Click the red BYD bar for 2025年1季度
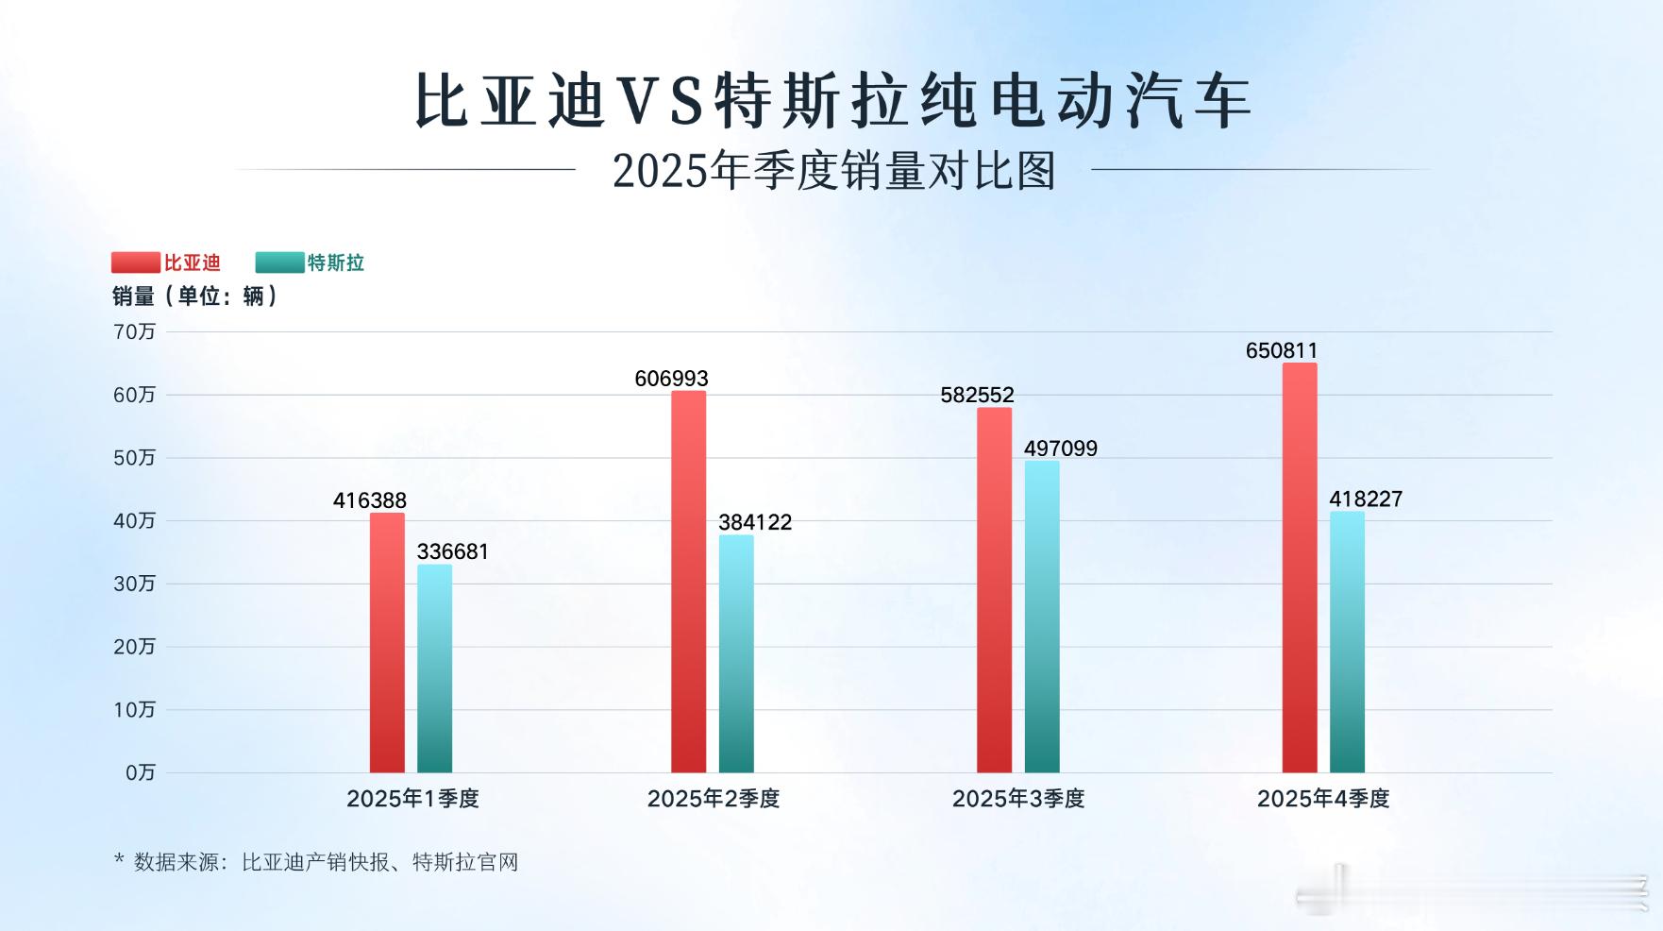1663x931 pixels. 387,642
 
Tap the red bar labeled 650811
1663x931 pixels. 1300,567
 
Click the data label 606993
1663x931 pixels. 671,379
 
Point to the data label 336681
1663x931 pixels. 453,551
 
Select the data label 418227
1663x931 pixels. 1366,499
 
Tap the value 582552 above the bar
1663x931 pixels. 977,395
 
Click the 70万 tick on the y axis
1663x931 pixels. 134,331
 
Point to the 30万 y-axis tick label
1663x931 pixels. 134,584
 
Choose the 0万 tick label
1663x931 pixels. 140,772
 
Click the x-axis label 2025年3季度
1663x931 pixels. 1018,799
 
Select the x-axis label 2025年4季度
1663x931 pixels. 1323,799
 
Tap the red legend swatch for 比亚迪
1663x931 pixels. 136,262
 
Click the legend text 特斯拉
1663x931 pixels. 336,262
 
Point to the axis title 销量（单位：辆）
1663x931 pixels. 195,296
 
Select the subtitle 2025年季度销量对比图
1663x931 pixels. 833,171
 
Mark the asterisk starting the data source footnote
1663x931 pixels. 119,859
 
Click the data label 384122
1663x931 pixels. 755,522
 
